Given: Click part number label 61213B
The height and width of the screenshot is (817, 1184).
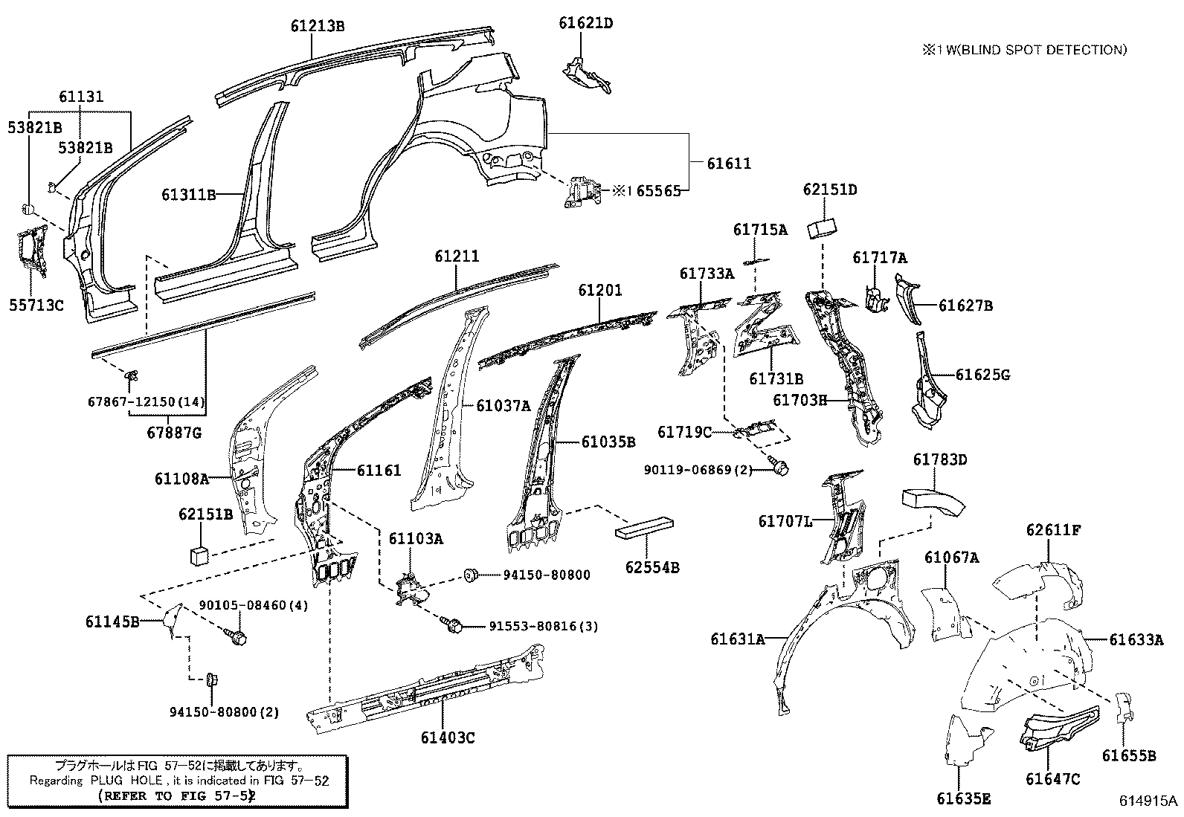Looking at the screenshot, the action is (318, 25).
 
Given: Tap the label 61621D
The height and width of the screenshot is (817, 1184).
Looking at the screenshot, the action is (586, 23).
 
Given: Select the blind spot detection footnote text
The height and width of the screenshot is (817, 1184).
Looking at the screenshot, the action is (1025, 50).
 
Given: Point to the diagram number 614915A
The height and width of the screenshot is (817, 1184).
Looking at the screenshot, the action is (1148, 801).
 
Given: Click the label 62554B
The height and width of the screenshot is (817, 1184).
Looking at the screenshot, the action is (652, 567).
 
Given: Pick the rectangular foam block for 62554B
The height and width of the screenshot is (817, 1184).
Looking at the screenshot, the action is (644, 527).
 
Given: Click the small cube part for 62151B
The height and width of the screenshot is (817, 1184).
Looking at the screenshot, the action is (199, 556).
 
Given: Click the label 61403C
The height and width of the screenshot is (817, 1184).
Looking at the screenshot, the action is (448, 737).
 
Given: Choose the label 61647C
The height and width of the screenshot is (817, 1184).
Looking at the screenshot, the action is (1053, 778).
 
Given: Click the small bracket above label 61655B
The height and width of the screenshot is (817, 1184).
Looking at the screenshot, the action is (1125, 708).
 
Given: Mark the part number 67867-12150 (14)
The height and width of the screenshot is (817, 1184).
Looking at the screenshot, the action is (146, 401).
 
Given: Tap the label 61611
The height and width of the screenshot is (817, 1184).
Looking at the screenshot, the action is (729, 164).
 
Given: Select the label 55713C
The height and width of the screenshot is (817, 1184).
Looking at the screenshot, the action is (36, 305).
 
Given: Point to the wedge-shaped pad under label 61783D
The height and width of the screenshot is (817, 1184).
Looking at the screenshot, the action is (933, 501).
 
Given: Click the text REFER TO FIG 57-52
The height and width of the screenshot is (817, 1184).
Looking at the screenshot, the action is (177, 796).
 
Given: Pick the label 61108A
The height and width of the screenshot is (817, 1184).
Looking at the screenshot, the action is (181, 479).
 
